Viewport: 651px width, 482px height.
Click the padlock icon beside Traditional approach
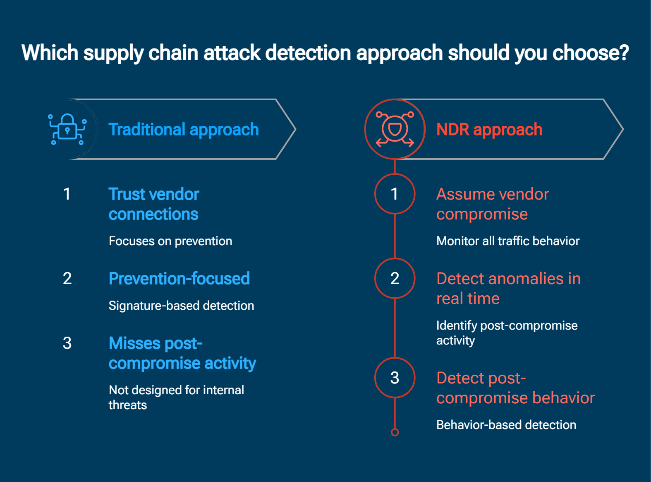67,129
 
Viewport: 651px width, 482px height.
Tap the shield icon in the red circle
395,129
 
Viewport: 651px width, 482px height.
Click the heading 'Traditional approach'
183,130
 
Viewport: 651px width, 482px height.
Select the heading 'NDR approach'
489,130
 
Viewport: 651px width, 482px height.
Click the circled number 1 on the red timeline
395,194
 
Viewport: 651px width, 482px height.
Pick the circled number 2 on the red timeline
395,278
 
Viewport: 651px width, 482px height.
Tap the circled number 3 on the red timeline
395,378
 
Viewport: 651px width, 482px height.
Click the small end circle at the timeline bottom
395,432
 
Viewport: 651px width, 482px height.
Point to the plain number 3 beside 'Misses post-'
67,343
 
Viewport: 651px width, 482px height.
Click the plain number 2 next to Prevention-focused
67,278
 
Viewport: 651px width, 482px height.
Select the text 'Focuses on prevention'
170,241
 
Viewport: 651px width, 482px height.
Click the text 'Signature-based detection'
181,306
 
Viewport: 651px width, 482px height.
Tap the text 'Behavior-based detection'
506,425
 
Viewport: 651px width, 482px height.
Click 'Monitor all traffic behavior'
507,241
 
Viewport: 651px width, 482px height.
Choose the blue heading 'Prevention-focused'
179,279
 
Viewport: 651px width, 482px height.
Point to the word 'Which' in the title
50,53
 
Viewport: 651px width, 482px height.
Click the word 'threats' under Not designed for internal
127,405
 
